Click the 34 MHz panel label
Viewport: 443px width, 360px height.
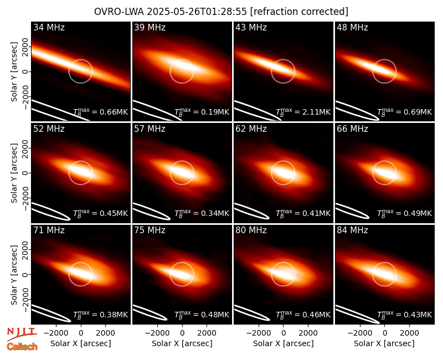(x=49, y=27)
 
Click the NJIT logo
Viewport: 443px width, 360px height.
(x=22, y=333)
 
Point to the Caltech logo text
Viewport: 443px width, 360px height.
(x=22, y=347)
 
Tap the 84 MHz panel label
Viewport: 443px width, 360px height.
(x=352, y=230)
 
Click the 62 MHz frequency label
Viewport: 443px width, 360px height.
(x=251, y=129)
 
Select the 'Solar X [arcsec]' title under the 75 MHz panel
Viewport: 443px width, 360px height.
(x=182, y=343)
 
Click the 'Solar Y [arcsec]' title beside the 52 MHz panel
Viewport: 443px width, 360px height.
(x=14, y=173)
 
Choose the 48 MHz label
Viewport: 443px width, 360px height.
(x=352, y=27)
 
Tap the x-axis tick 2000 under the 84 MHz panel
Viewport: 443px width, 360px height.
(x=409, y=333)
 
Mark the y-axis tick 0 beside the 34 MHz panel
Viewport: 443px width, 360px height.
(x=25, y=71)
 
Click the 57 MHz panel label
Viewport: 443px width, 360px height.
(x=150, y=129)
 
